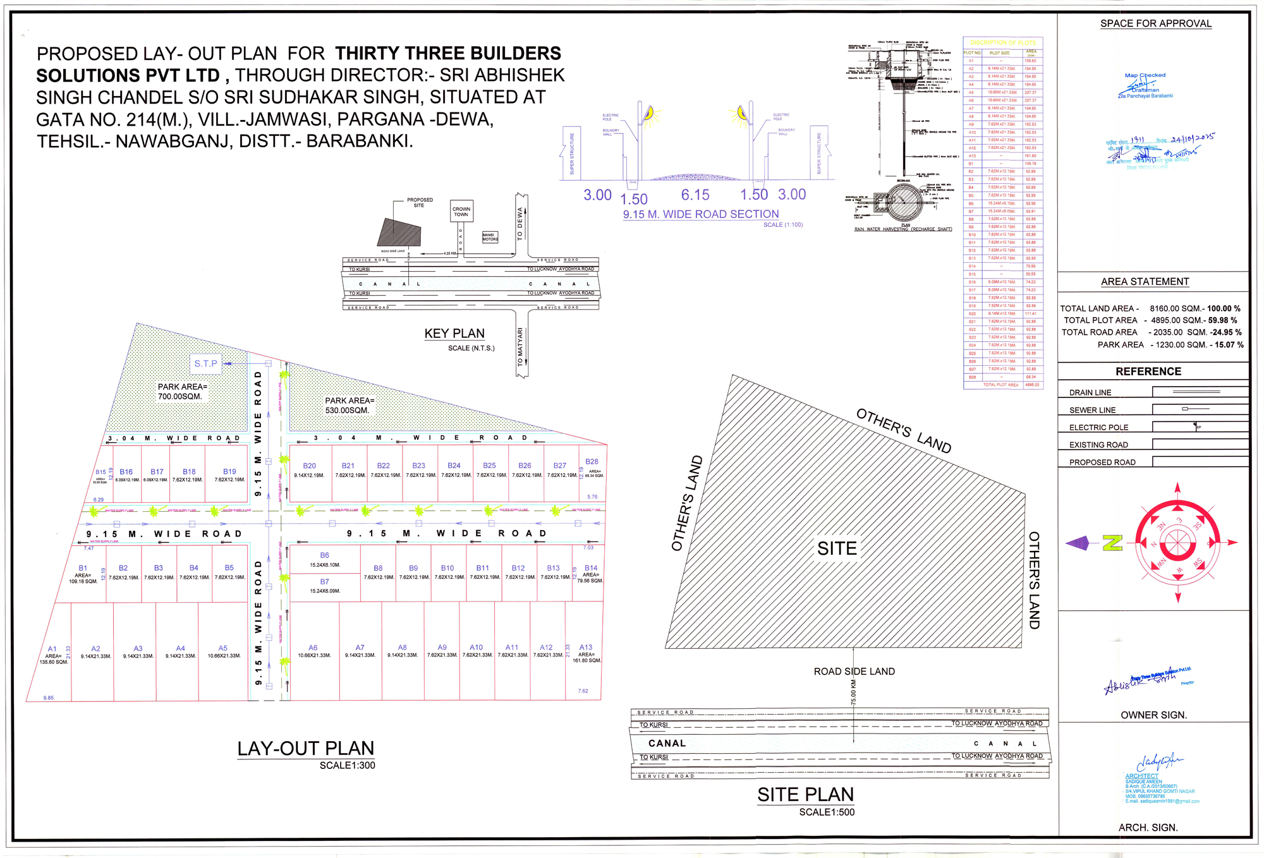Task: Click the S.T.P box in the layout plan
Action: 205,363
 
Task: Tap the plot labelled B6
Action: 324,559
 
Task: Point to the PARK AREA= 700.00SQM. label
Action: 182,392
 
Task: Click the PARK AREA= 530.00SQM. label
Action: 349,406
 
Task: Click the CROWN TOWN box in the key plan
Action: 461,211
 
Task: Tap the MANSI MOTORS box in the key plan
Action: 490,237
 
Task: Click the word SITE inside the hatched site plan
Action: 837,548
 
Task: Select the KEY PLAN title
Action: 454,334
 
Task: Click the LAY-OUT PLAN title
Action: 306,749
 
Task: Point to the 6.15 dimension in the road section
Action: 695,195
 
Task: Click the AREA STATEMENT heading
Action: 1145,282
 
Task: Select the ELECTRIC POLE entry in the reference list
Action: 1098,427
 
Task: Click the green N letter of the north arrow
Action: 1112,543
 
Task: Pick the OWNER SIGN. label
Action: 1153,715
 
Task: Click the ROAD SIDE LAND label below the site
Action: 854,672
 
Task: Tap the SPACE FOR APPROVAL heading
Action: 1155,23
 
